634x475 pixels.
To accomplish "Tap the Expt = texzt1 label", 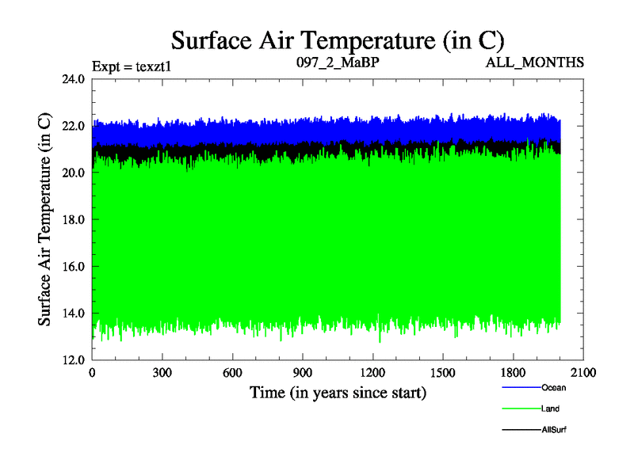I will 132,66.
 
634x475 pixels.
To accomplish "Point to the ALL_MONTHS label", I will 535,62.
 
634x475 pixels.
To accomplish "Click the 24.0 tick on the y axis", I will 74,79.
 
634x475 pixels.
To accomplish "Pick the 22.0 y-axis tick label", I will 74,126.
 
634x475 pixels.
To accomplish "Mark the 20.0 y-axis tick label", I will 74,173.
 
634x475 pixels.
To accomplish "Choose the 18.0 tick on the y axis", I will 74,219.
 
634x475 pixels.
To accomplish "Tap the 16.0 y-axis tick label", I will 74,266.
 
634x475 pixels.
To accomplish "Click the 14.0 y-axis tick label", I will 74,313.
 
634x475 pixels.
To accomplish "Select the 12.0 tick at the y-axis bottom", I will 74,359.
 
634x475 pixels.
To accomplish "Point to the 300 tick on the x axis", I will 162,373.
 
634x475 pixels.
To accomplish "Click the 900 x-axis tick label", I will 303,373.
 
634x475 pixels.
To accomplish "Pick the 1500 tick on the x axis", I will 442,373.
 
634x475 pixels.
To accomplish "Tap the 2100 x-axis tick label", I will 582,373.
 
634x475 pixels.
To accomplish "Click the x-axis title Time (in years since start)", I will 338,392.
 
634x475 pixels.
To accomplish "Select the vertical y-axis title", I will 45,219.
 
